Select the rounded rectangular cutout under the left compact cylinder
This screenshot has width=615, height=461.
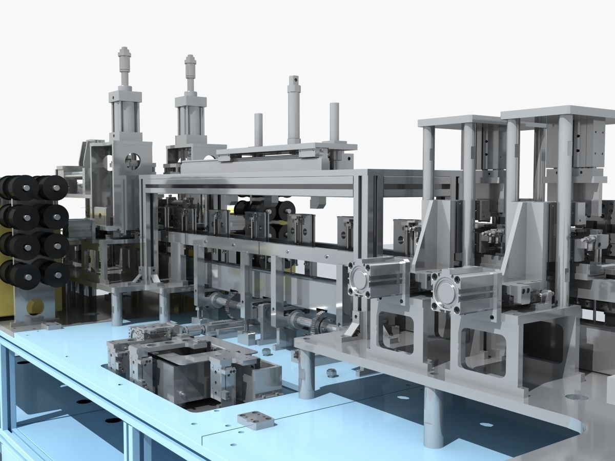[x=395, y=333]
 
